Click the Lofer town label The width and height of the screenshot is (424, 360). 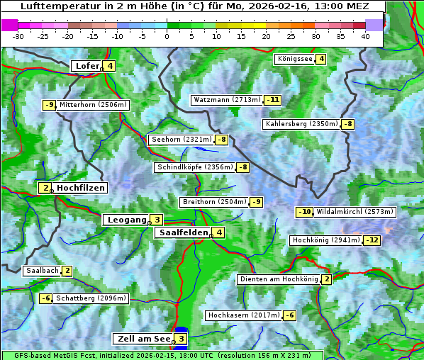[87, 66]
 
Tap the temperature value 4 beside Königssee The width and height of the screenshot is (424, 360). [321, 59]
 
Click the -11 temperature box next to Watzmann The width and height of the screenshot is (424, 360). [273, 100]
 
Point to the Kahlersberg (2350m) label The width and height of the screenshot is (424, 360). [301, 124]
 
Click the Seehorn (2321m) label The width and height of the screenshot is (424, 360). [182, 140]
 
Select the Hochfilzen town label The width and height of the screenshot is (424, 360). [81, 188]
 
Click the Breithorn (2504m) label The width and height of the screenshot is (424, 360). [213, 202]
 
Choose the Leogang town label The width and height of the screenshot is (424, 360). [126, 220]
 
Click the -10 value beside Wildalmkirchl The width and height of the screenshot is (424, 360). [304, 212]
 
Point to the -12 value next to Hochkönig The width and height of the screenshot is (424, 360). [372, 240]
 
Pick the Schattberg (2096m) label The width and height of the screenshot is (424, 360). [91, 298]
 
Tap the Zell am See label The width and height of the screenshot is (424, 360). [142, 339]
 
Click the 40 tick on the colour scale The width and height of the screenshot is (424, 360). [365, 35]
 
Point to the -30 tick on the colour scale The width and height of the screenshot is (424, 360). [18, 35]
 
